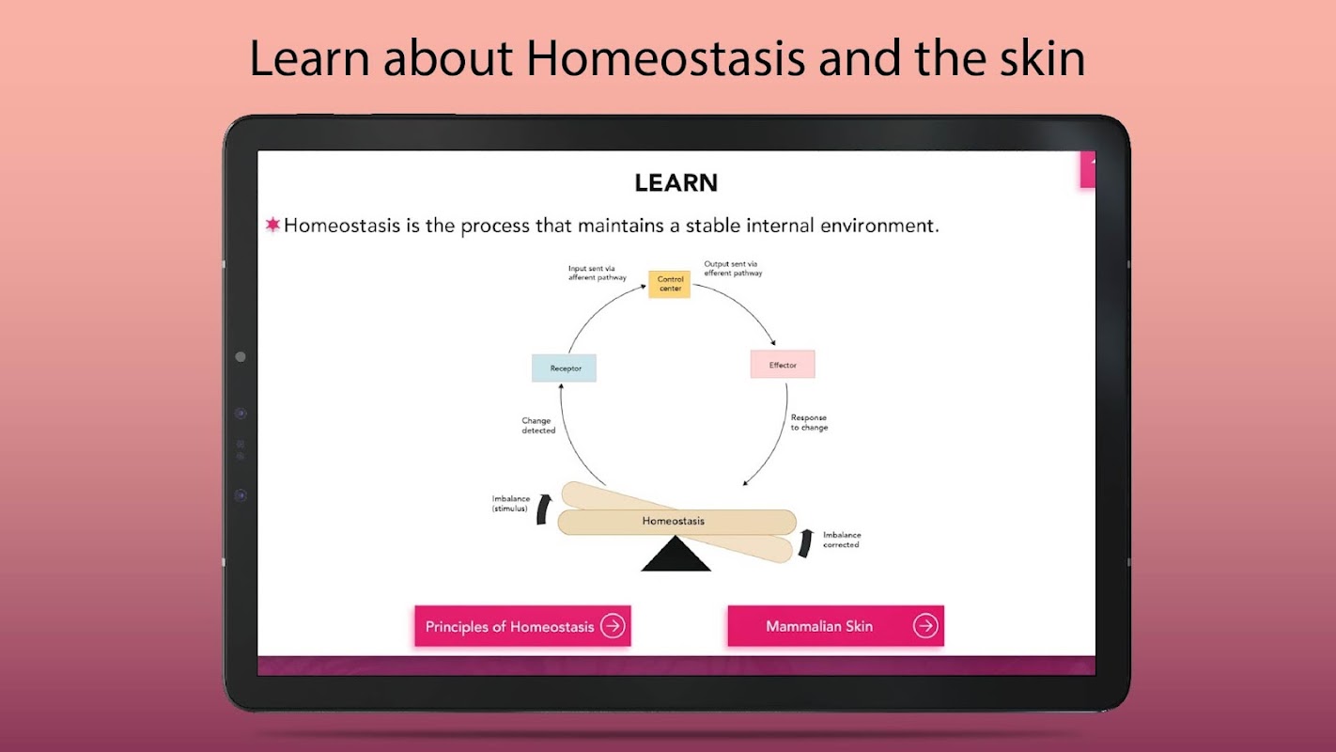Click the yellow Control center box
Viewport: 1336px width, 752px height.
point(669,284)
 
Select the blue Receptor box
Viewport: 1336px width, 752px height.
point(565,368)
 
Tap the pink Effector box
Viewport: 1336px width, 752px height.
point(783,365)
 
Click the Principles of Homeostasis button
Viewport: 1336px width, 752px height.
point(522,626)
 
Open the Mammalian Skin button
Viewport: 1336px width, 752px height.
point(835,626)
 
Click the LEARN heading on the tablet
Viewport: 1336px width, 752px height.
point(676,182)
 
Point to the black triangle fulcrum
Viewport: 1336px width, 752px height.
point(676,554)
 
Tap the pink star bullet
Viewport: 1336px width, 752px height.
point(272,225)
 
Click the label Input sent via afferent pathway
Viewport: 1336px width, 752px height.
point(597,273)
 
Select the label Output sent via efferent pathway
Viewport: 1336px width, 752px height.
point(733,268)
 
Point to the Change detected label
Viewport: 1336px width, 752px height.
point(538,426)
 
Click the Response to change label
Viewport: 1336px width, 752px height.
point(809,423)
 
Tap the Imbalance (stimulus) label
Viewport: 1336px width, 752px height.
point(510,503)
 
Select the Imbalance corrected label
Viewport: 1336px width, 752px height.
point(842,540)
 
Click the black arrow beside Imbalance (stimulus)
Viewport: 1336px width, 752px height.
point(543,509)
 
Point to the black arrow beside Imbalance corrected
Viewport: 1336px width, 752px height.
point(805,543)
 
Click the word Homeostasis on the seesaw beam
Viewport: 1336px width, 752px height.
point(674,521)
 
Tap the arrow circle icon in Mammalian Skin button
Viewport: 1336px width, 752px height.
point(925,626)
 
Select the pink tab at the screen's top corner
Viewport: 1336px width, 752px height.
point(1088,169)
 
